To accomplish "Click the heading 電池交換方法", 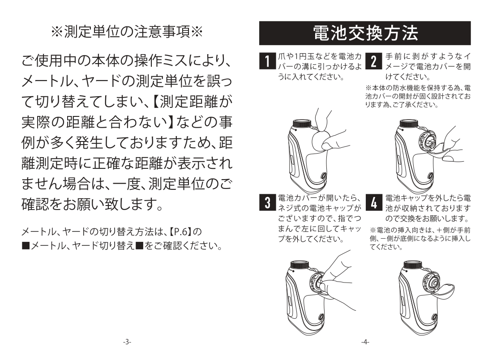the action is [365, 33].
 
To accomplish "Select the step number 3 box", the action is [267, 202].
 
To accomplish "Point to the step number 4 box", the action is [374, 202].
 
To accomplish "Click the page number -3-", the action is [127, 342].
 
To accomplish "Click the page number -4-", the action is [365, 342].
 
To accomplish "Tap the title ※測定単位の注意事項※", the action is [127, 32].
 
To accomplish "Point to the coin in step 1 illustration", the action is [321, 140].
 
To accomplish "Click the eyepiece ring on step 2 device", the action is [409, 123].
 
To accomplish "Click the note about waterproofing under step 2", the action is [418, 96].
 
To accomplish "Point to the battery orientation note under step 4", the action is [420, 239].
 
